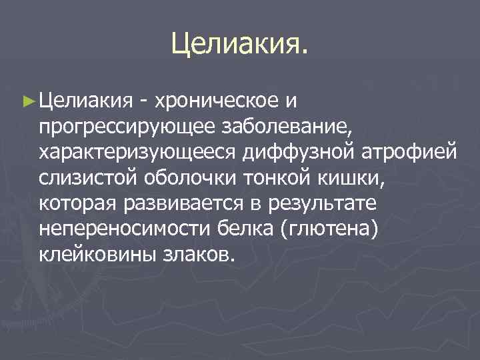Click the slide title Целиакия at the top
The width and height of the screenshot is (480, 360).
[x=239, y=43]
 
